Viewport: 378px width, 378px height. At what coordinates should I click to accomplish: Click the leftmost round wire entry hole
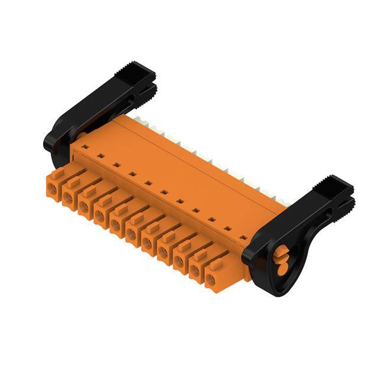(53, 190)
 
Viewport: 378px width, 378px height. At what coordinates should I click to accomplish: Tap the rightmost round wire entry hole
(210, 275)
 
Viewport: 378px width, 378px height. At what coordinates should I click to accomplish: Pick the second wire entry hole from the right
(194, 267)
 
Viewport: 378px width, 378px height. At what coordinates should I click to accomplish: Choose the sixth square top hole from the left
(164, 191)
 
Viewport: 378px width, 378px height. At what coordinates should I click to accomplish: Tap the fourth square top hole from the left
(132, 174)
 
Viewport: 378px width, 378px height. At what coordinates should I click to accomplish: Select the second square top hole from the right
(227, 229)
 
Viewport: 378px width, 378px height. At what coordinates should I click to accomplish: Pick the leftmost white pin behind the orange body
(138, 120)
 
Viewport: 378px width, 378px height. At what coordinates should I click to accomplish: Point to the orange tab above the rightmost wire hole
(216, 260)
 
